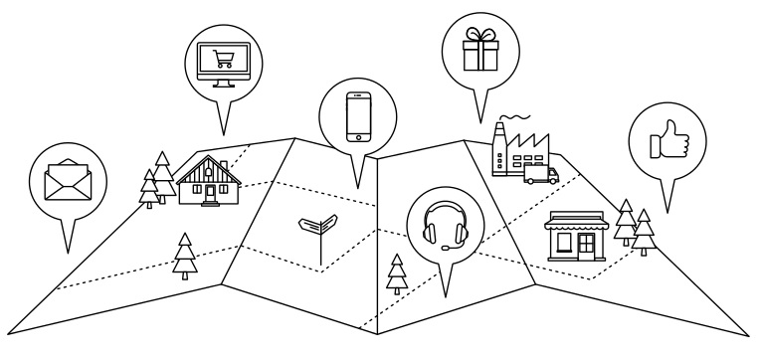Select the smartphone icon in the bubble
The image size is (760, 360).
coord(357,118)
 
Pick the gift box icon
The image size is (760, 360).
coord(477,48)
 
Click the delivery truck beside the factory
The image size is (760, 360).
coord(539,175)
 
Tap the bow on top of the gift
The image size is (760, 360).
coord(477,32)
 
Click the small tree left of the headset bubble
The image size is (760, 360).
coord(397,271)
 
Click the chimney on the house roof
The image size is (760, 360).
coord(223,164)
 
